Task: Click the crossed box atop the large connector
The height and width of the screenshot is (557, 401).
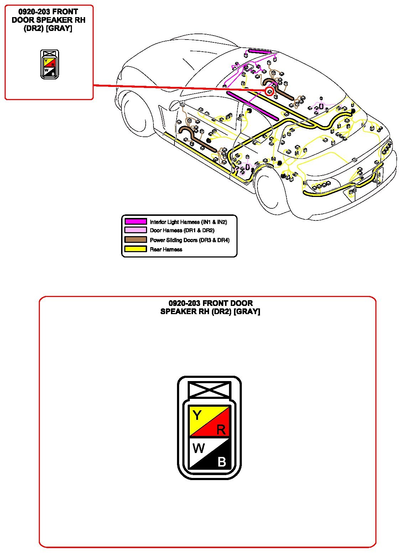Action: [x=209, y=389]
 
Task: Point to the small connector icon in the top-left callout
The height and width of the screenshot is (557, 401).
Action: [x=50, y=64]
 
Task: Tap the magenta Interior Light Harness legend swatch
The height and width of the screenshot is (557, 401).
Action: [x=135, y=222]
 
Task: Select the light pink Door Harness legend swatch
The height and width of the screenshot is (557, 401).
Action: [x=135, y=230]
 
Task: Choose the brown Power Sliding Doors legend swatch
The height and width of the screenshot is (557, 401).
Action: [x=135, y=240]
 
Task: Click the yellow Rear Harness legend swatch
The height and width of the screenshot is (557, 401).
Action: [x=135, y=249]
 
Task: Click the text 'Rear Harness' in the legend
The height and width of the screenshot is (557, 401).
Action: [x=166, y=249]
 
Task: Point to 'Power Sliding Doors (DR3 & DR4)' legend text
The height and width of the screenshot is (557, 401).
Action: [x=189, y=240]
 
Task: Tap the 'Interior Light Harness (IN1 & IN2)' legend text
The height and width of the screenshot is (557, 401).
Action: [x=188, y=222]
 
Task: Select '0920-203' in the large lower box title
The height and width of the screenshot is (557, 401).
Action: [x=184, y=303]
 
